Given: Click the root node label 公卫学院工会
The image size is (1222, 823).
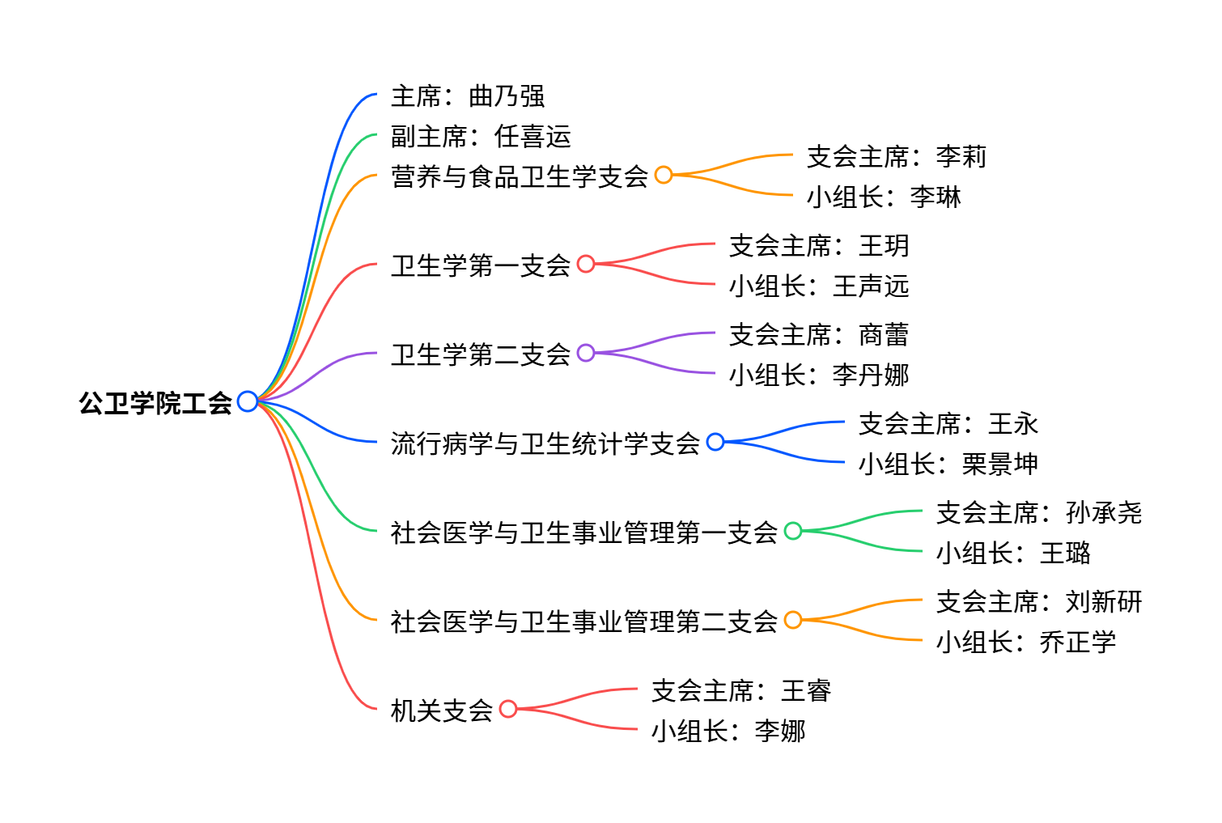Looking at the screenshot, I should click(x=155, y=402).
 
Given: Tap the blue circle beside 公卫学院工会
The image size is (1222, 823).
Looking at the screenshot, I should click(x=248, y=401).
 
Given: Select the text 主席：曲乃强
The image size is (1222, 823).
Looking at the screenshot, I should click(x=468, y=96).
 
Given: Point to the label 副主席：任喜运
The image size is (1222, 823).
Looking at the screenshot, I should click(x=481, y=136).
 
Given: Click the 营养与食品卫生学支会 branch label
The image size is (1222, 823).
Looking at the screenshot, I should click(x=520, y=176).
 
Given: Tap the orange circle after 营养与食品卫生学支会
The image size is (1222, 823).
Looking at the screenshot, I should click(x=664, y=175).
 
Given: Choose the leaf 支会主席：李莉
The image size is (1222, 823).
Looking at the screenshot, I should click(x=897, y=156).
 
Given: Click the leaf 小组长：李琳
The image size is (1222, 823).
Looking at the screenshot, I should click(x=884, y=197).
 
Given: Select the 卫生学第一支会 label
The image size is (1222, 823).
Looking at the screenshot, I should click(x=481, y=265).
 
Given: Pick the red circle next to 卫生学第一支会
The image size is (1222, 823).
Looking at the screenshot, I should click(x=586, y=264).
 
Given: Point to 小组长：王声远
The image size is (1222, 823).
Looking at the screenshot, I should click(x=819, y=286).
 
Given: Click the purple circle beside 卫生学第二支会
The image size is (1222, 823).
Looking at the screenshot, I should click(x=586, y=353).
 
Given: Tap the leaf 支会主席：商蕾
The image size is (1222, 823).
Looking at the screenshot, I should click(x=819, y=334).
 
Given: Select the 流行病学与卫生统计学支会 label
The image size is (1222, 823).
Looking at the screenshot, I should click(x=545, y=443).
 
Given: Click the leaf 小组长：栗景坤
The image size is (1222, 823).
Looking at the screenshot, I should click(x=948, y=464).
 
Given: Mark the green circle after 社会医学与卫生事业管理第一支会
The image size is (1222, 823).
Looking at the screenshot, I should click(x=793, y=531).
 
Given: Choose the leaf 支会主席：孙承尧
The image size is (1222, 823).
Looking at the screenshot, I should click(x=1039, y=512).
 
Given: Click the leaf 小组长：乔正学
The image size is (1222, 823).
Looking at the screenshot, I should click(x=1026, y=642).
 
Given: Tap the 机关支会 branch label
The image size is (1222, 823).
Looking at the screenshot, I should click(x=442, y=710).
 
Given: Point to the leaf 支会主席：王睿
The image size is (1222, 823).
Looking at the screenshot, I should click(x=741, y=690).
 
